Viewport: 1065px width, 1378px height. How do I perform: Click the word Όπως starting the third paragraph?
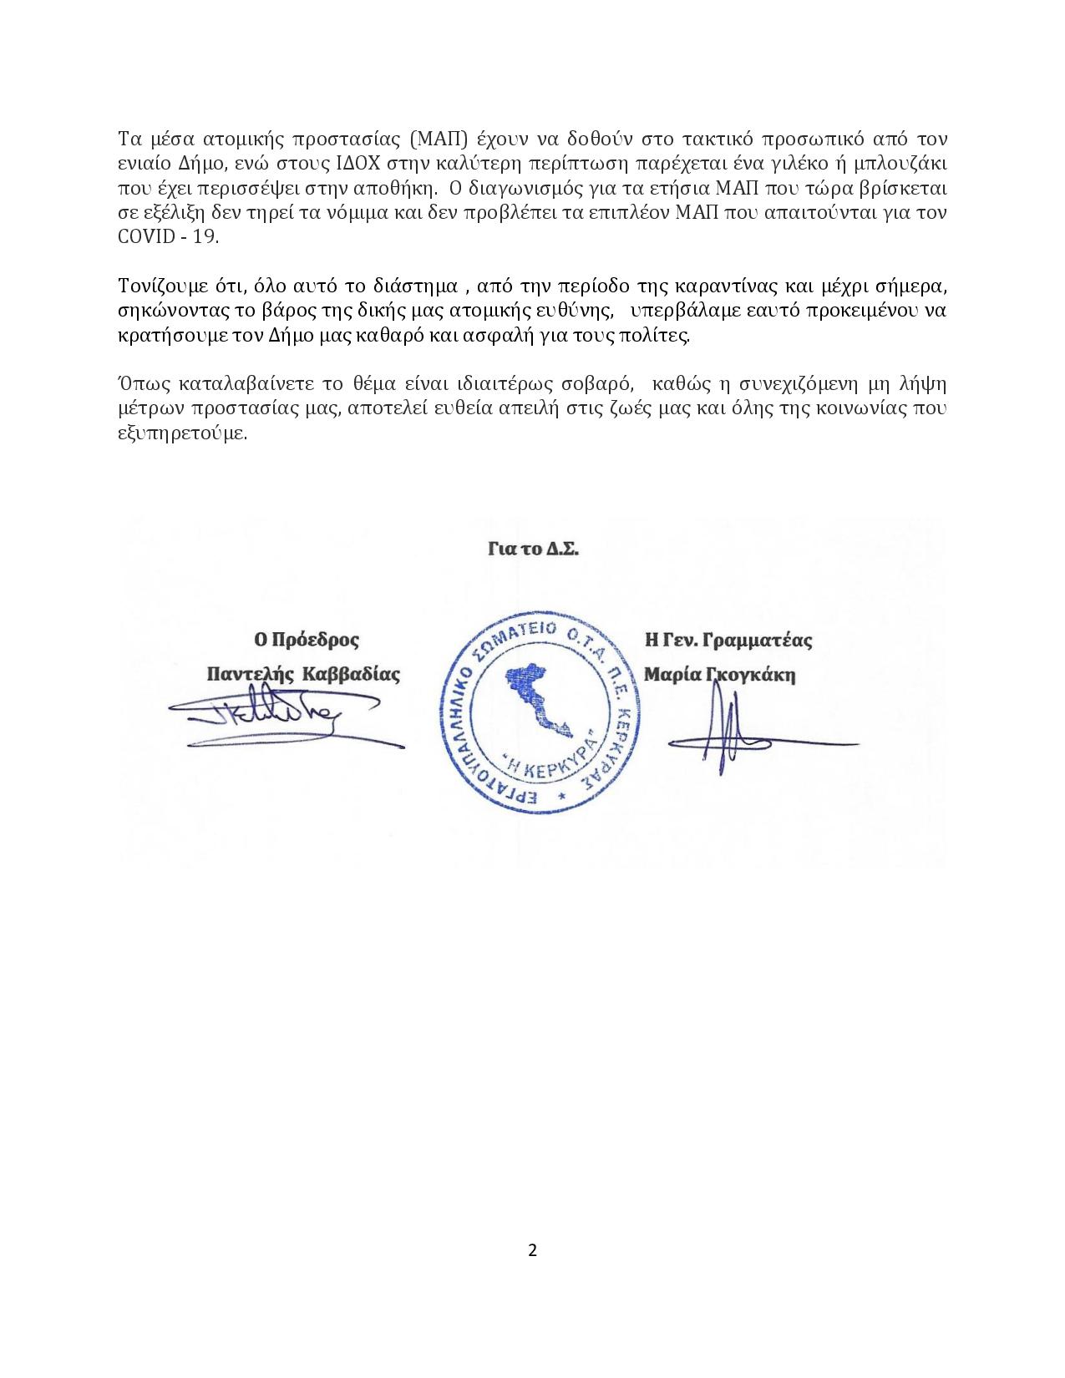point(140,385)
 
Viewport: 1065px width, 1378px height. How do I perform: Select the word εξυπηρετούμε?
point(182,434)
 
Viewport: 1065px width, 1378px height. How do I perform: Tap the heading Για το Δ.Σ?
point(533,550)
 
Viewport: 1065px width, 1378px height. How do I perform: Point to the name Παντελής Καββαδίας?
point(303,674)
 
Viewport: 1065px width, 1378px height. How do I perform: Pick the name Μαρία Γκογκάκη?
point(719,674)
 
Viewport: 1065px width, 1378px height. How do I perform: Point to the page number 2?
point(532,1250)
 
